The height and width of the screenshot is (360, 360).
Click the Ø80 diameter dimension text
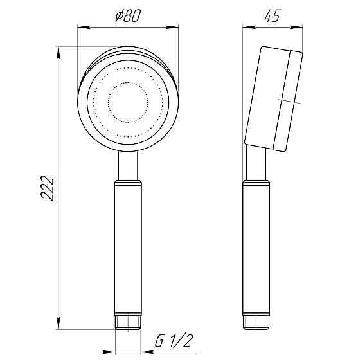pos(127,17)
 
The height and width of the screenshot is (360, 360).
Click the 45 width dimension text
pos(272,17)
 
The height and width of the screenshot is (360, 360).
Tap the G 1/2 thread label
pos(174,341)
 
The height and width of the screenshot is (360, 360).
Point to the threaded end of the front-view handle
pos(127,321)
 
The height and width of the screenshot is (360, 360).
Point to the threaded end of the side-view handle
pos(255,321)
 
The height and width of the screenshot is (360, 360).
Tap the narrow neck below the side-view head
pos(255,165)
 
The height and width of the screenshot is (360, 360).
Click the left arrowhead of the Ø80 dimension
pos(82,27)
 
